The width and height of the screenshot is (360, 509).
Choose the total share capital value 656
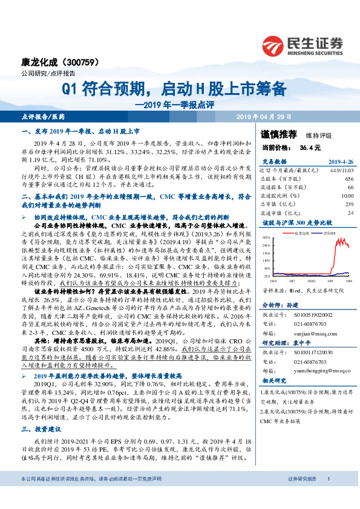tap(349, 180)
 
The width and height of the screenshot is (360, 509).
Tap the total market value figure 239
tap(349, 204)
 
